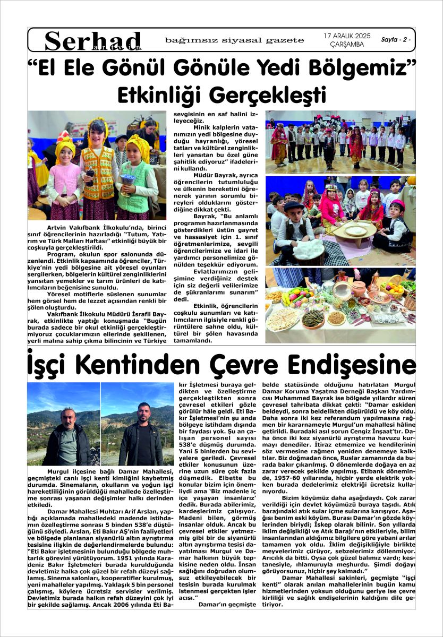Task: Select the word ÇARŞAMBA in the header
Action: coord(347,45)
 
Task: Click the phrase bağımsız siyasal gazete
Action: coord(234,40)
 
